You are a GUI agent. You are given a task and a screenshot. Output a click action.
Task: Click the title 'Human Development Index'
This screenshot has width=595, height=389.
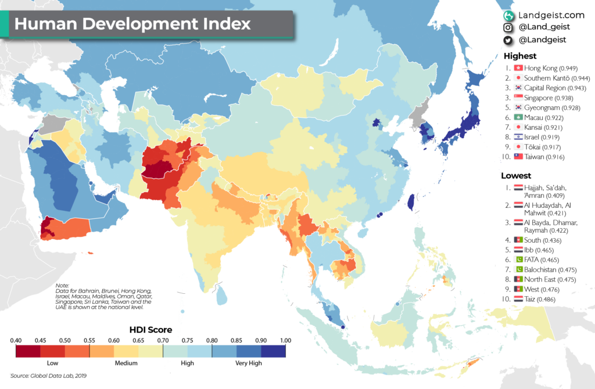[x=132, y=24]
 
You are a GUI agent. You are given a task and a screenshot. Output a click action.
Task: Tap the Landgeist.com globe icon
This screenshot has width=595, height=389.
[x=508, y=16]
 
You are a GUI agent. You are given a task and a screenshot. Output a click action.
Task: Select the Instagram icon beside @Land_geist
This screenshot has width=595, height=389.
[x=508, y=28]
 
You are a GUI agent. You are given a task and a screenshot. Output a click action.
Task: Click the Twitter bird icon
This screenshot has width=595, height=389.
[x=508, y=40]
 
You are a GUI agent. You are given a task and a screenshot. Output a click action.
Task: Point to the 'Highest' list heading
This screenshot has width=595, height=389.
[x=520, y=56]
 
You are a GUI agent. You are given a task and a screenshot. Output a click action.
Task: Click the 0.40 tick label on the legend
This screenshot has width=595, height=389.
[x=16, y=340]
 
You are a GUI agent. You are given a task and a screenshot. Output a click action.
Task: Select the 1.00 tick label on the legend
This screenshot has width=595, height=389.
[x=285, y=340]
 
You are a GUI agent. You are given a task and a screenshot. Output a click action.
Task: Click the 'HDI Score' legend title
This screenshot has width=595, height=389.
[x=150, y=329]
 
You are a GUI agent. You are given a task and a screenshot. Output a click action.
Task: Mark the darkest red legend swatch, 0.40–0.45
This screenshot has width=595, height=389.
[x=28, y=351]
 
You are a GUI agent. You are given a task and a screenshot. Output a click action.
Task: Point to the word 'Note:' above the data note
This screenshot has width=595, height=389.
[x=62, y=286]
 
